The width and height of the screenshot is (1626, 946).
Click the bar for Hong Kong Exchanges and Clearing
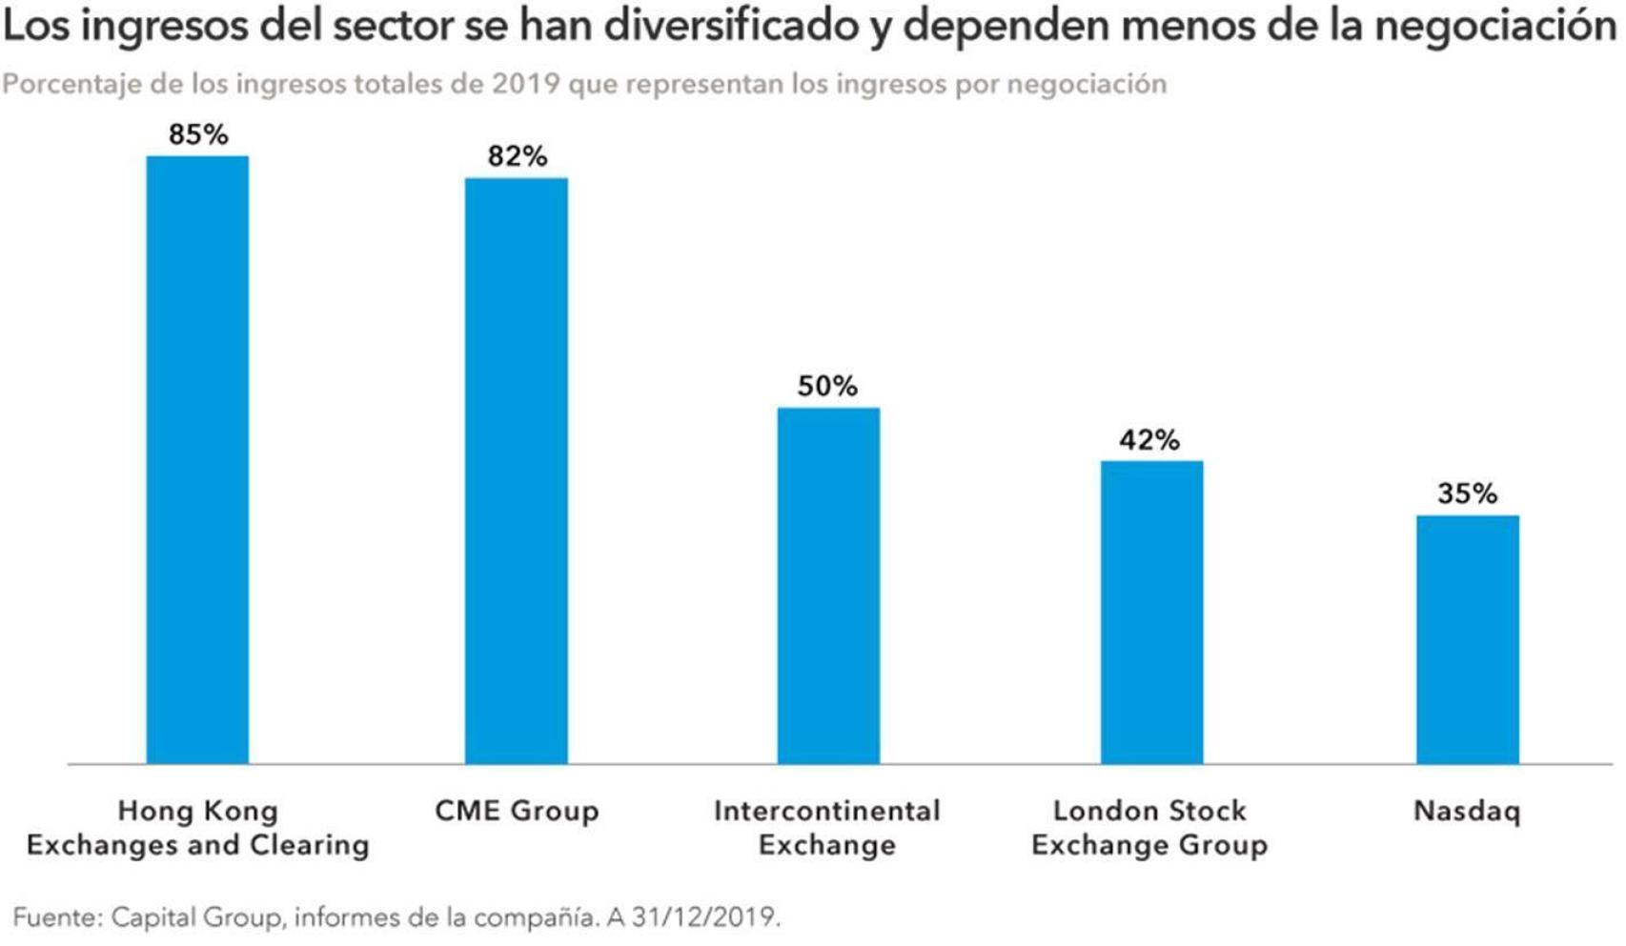point(197,459)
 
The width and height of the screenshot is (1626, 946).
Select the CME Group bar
point(516,471)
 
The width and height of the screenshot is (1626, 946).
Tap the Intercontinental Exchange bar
point(827,585)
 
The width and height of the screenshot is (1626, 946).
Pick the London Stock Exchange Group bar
point(1150,612)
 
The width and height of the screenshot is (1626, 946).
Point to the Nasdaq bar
point(1467,639)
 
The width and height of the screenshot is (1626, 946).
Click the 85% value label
point(198,134)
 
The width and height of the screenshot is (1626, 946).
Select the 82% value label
point(517,156)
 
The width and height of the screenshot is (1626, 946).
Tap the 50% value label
point(827,386)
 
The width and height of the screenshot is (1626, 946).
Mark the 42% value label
point(1149,439)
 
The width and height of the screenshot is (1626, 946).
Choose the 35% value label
point(1467,493)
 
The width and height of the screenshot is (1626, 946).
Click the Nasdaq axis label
point(1467,811)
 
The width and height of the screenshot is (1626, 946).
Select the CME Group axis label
point(517,811)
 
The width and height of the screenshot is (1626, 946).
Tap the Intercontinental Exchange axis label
point(827,827)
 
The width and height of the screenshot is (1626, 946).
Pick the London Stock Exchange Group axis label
point(1149,827)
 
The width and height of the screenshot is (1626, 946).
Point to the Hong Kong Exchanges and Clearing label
point(197,827)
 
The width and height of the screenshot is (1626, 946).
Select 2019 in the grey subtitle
point(525,84)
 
